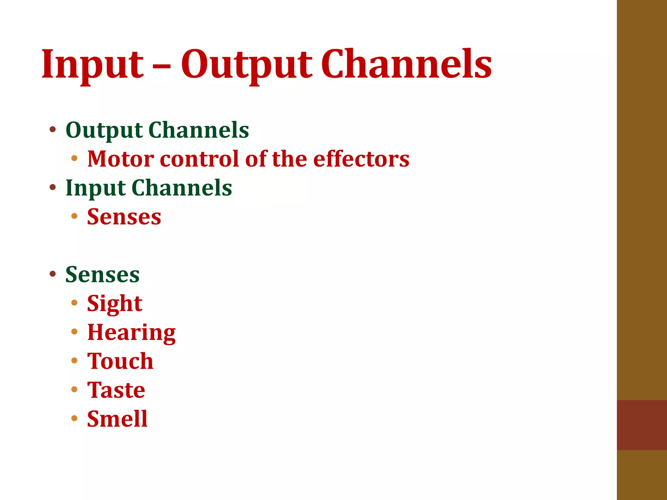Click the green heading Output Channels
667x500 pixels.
(x=157, y=130)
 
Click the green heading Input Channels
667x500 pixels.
(x=149, y=188)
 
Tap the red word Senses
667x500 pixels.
(x=124, y=217)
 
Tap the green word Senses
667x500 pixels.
(x=102, y=274)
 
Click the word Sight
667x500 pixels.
(x=115, y=304)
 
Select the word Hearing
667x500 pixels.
(x=131, y=333)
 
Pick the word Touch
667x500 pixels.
(x=120, y=361)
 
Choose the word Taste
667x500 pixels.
(x=116, y=390)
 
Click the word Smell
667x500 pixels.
(x=117, y=419)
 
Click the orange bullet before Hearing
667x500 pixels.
(x=74, y=332)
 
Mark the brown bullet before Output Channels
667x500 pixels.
(x=53, y=130)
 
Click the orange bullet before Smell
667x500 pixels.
(x=74, y=418)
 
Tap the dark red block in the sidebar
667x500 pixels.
(x=642, y=425)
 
